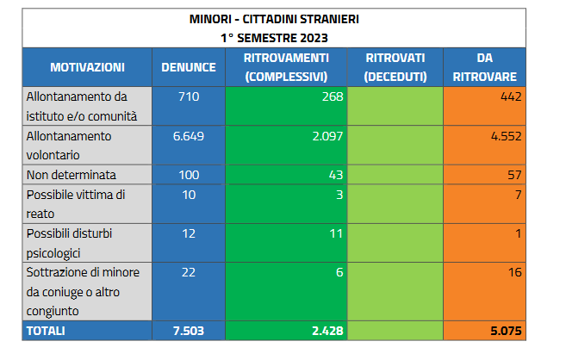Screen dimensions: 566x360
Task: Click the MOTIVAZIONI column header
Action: point(87,67)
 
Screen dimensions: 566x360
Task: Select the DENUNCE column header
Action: point(189,67)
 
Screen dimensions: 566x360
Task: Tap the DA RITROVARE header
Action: point(484,67)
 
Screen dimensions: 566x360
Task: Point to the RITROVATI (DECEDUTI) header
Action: point(395,67)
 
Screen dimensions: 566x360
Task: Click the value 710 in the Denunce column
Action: point(189,96)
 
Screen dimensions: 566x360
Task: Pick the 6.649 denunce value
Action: point(189,136)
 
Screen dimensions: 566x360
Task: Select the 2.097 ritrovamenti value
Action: point(327,136)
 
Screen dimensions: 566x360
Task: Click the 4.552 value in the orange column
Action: point(506,136)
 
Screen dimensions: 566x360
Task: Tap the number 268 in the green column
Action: point(333,96)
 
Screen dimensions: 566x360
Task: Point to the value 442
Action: point(511,96)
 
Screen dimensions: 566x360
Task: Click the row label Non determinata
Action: point(72,175)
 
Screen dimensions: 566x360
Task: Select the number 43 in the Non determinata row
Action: point(336,175)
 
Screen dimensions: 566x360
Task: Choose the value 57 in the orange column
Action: point(515,175)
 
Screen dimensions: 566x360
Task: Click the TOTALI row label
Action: point(46,331)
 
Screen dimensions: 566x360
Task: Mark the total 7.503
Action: point(189,331)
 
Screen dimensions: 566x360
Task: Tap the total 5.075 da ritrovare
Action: point(506,331)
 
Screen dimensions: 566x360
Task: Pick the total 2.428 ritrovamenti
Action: point(327,331)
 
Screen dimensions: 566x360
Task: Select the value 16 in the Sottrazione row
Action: point(515,272)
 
